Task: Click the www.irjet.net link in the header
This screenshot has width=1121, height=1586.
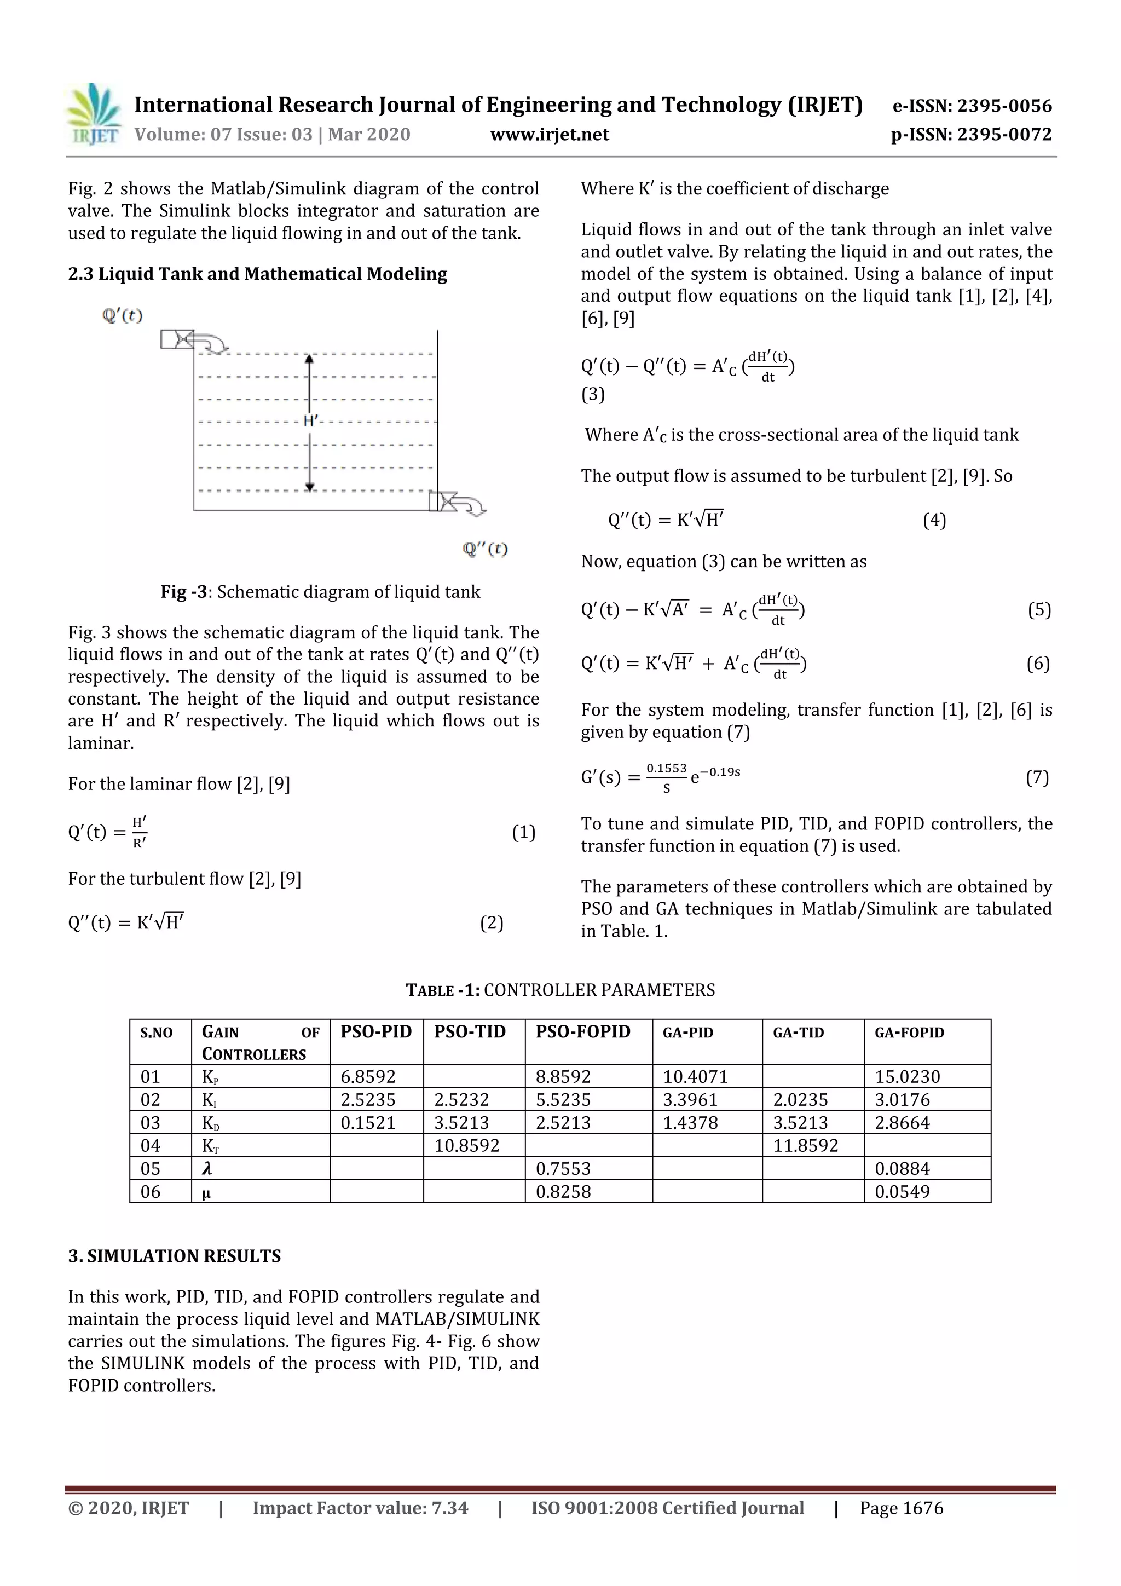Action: (x=549, y=135)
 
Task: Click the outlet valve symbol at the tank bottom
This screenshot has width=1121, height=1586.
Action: (x=443, y=501)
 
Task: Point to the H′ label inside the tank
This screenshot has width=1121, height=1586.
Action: (x=310, y=420)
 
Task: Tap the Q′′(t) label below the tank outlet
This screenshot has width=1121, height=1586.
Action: (x=485, y=549)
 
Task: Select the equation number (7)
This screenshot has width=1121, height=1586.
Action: (x=1037, y=778)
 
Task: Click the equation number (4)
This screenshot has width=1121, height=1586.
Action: (x=934, y=520)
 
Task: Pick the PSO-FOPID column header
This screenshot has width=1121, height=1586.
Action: (x=582, y=1032)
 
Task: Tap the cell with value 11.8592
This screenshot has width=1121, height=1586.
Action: (x=805, y=1146)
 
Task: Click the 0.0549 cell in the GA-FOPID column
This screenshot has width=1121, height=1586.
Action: (x=902, y=1192)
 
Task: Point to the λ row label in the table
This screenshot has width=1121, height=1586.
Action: (x=206, y=1169)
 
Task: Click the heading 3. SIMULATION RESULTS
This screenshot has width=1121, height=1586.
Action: (x=174, y=1256)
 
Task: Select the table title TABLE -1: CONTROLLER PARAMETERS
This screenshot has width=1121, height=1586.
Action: (x=560, y=990)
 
